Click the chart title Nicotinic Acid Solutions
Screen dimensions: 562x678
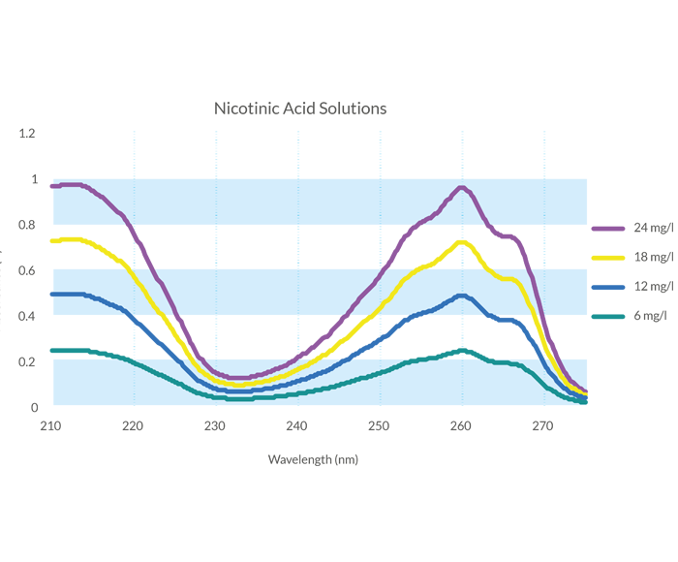[x=299, y=109]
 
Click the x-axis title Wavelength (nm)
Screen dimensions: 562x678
[x=313, y=459]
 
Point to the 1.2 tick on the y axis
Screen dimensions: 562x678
[x=28, y=133]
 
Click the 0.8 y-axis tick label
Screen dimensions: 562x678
[x=28, y=225]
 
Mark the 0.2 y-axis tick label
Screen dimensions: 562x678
[x=28, y=362]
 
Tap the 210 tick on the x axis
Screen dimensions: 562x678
[x=51, y=425]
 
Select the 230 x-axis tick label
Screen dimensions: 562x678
[x=215, y=425]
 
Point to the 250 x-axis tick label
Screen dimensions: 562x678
[x=379, y=425]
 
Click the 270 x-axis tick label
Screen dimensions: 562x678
[x=542, y=425]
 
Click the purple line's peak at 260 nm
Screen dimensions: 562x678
[x=461, y=188]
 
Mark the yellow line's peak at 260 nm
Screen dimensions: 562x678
[x=461, y=243]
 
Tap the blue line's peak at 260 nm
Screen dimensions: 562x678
[x=461, y=297]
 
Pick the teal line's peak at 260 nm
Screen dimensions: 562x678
[x=461, y=351]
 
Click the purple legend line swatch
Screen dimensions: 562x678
[x=608, y=229]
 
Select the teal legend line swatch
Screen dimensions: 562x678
[x=608, y=316]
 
